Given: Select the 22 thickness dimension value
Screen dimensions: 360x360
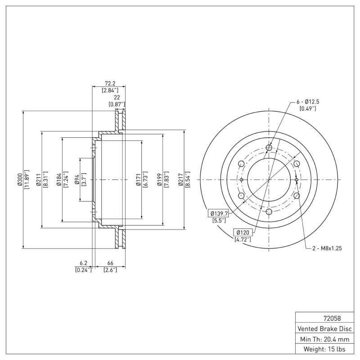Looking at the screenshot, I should coord(117,97).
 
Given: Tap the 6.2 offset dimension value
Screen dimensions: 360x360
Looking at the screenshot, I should coord(83,263).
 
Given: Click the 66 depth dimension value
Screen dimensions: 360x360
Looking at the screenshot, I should coord(110,263).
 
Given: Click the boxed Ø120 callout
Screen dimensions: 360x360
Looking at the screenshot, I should coord(243,232).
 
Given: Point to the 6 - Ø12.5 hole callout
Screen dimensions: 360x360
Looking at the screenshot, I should coord(307,102).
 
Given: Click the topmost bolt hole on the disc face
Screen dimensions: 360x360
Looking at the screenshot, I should coord(269,148).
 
